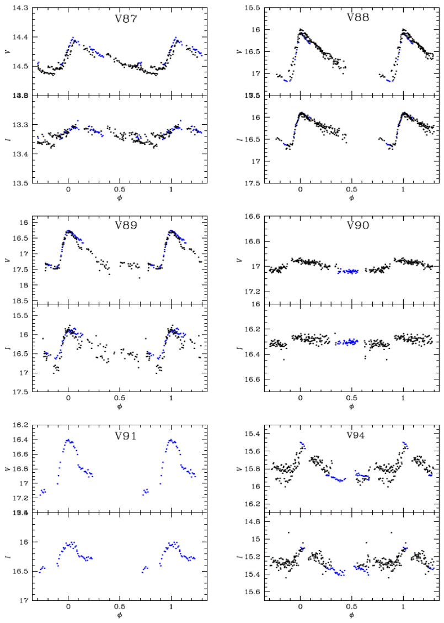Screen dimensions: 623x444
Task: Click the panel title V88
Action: tap(358, 17)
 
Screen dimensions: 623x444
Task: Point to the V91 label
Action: tap(126, 435)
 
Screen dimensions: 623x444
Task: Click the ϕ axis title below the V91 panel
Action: tap(119, 615)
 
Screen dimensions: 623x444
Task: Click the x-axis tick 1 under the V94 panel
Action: tap(403, 607)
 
